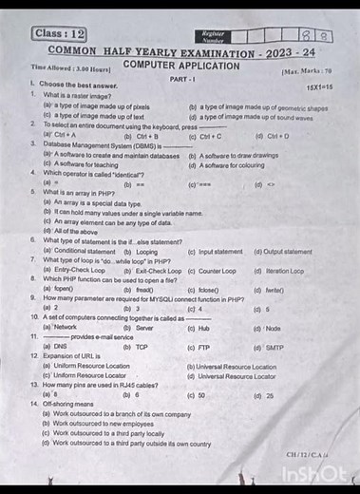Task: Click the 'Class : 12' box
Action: point(59,34)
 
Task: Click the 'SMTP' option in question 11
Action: point(274,347)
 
